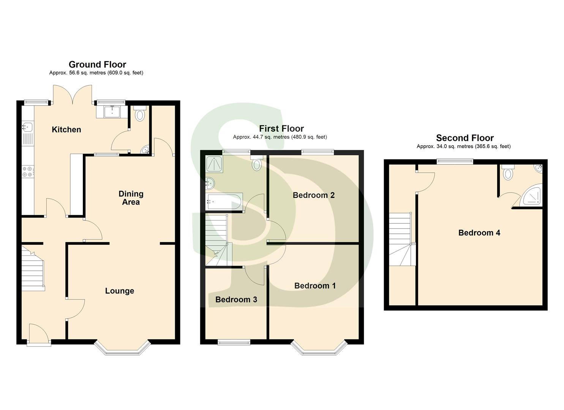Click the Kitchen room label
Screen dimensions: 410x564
click(66, 129)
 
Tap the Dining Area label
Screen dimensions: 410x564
click(131, 198)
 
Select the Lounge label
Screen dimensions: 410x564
click(120, 291)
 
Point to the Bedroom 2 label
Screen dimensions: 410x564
click(314, 195)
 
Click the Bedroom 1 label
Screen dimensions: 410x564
click(315, 285)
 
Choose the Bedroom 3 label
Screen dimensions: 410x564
click(236, 300)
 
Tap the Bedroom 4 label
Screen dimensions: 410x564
click(479, 233)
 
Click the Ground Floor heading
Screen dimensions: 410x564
click(97, 65)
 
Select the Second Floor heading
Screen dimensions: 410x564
click(465, 138)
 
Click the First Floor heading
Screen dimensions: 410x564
click(281, 128)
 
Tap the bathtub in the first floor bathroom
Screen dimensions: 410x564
click(224, 201)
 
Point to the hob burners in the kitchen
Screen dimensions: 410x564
click(28, 172)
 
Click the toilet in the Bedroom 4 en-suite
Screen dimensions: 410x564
click(508, 172)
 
